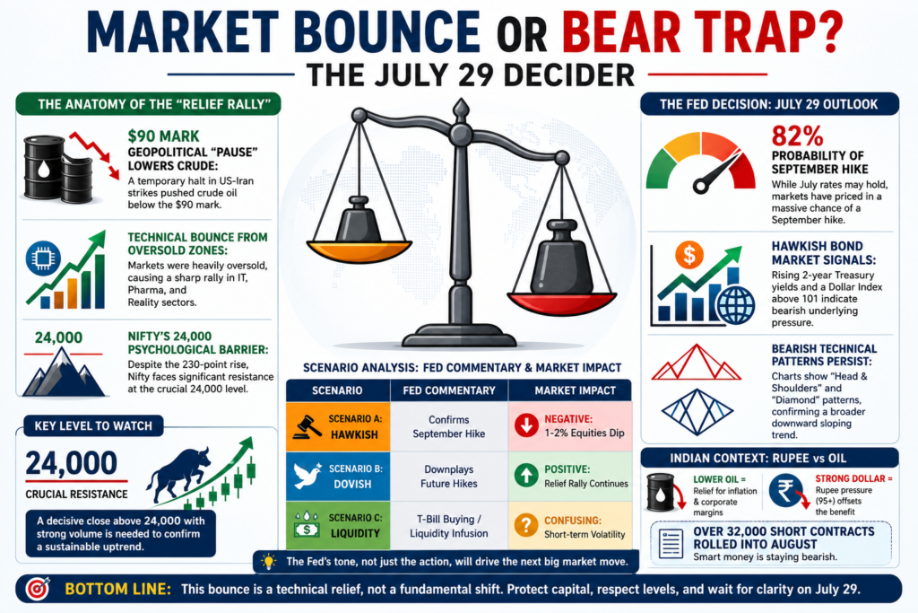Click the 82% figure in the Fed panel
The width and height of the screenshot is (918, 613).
click(x=797, y=136)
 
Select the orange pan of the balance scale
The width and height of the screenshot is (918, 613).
click(x=359, y=250)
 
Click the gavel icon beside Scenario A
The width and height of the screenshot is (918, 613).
click(x=307, y=426)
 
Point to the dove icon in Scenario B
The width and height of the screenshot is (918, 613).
click(x=307, y=476)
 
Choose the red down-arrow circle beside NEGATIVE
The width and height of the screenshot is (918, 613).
click(x=526, y=425)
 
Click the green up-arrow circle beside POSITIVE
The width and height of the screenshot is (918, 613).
click(x=526, y=476)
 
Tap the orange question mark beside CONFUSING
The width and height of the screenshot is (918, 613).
click(x=526, y=525)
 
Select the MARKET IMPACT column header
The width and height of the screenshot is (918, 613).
click(x=575, y=390)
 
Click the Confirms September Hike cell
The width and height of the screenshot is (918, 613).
click(x=449, y=426)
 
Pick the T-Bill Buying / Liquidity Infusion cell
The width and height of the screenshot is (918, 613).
click(x=449, y=526)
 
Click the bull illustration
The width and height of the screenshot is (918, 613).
click(x=178, y=474)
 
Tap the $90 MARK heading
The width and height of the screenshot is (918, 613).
click(x=163, y=136)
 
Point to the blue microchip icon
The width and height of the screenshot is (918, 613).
click(x=43, y=258)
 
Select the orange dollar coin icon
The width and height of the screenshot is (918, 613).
click(x=689, y=255)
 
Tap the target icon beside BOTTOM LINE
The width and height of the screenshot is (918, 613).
click(x=38, y=589)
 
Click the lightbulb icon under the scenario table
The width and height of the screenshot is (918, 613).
click(x=268, y=562)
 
